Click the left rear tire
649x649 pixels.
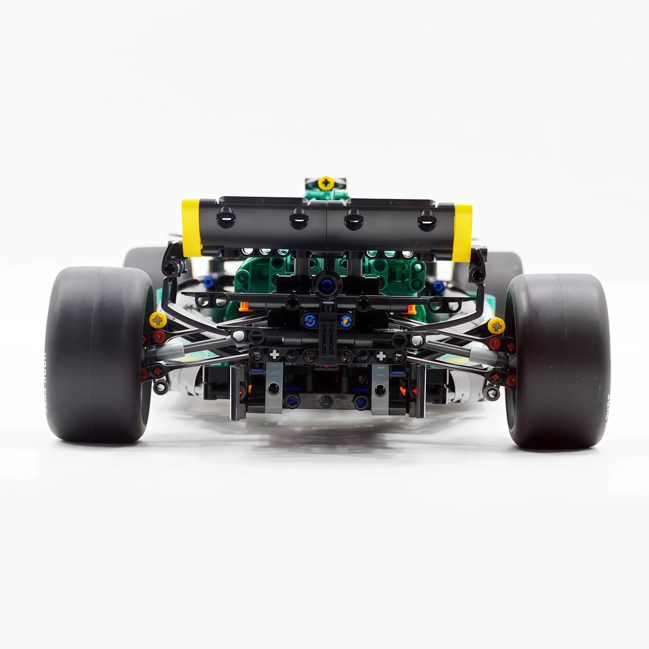point(97,356)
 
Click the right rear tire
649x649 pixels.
point(554,361)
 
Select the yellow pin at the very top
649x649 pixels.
point(325,183)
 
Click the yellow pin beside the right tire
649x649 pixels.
point(496,325)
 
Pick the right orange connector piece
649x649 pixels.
point(410,308)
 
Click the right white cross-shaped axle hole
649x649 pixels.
point(381,356)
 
